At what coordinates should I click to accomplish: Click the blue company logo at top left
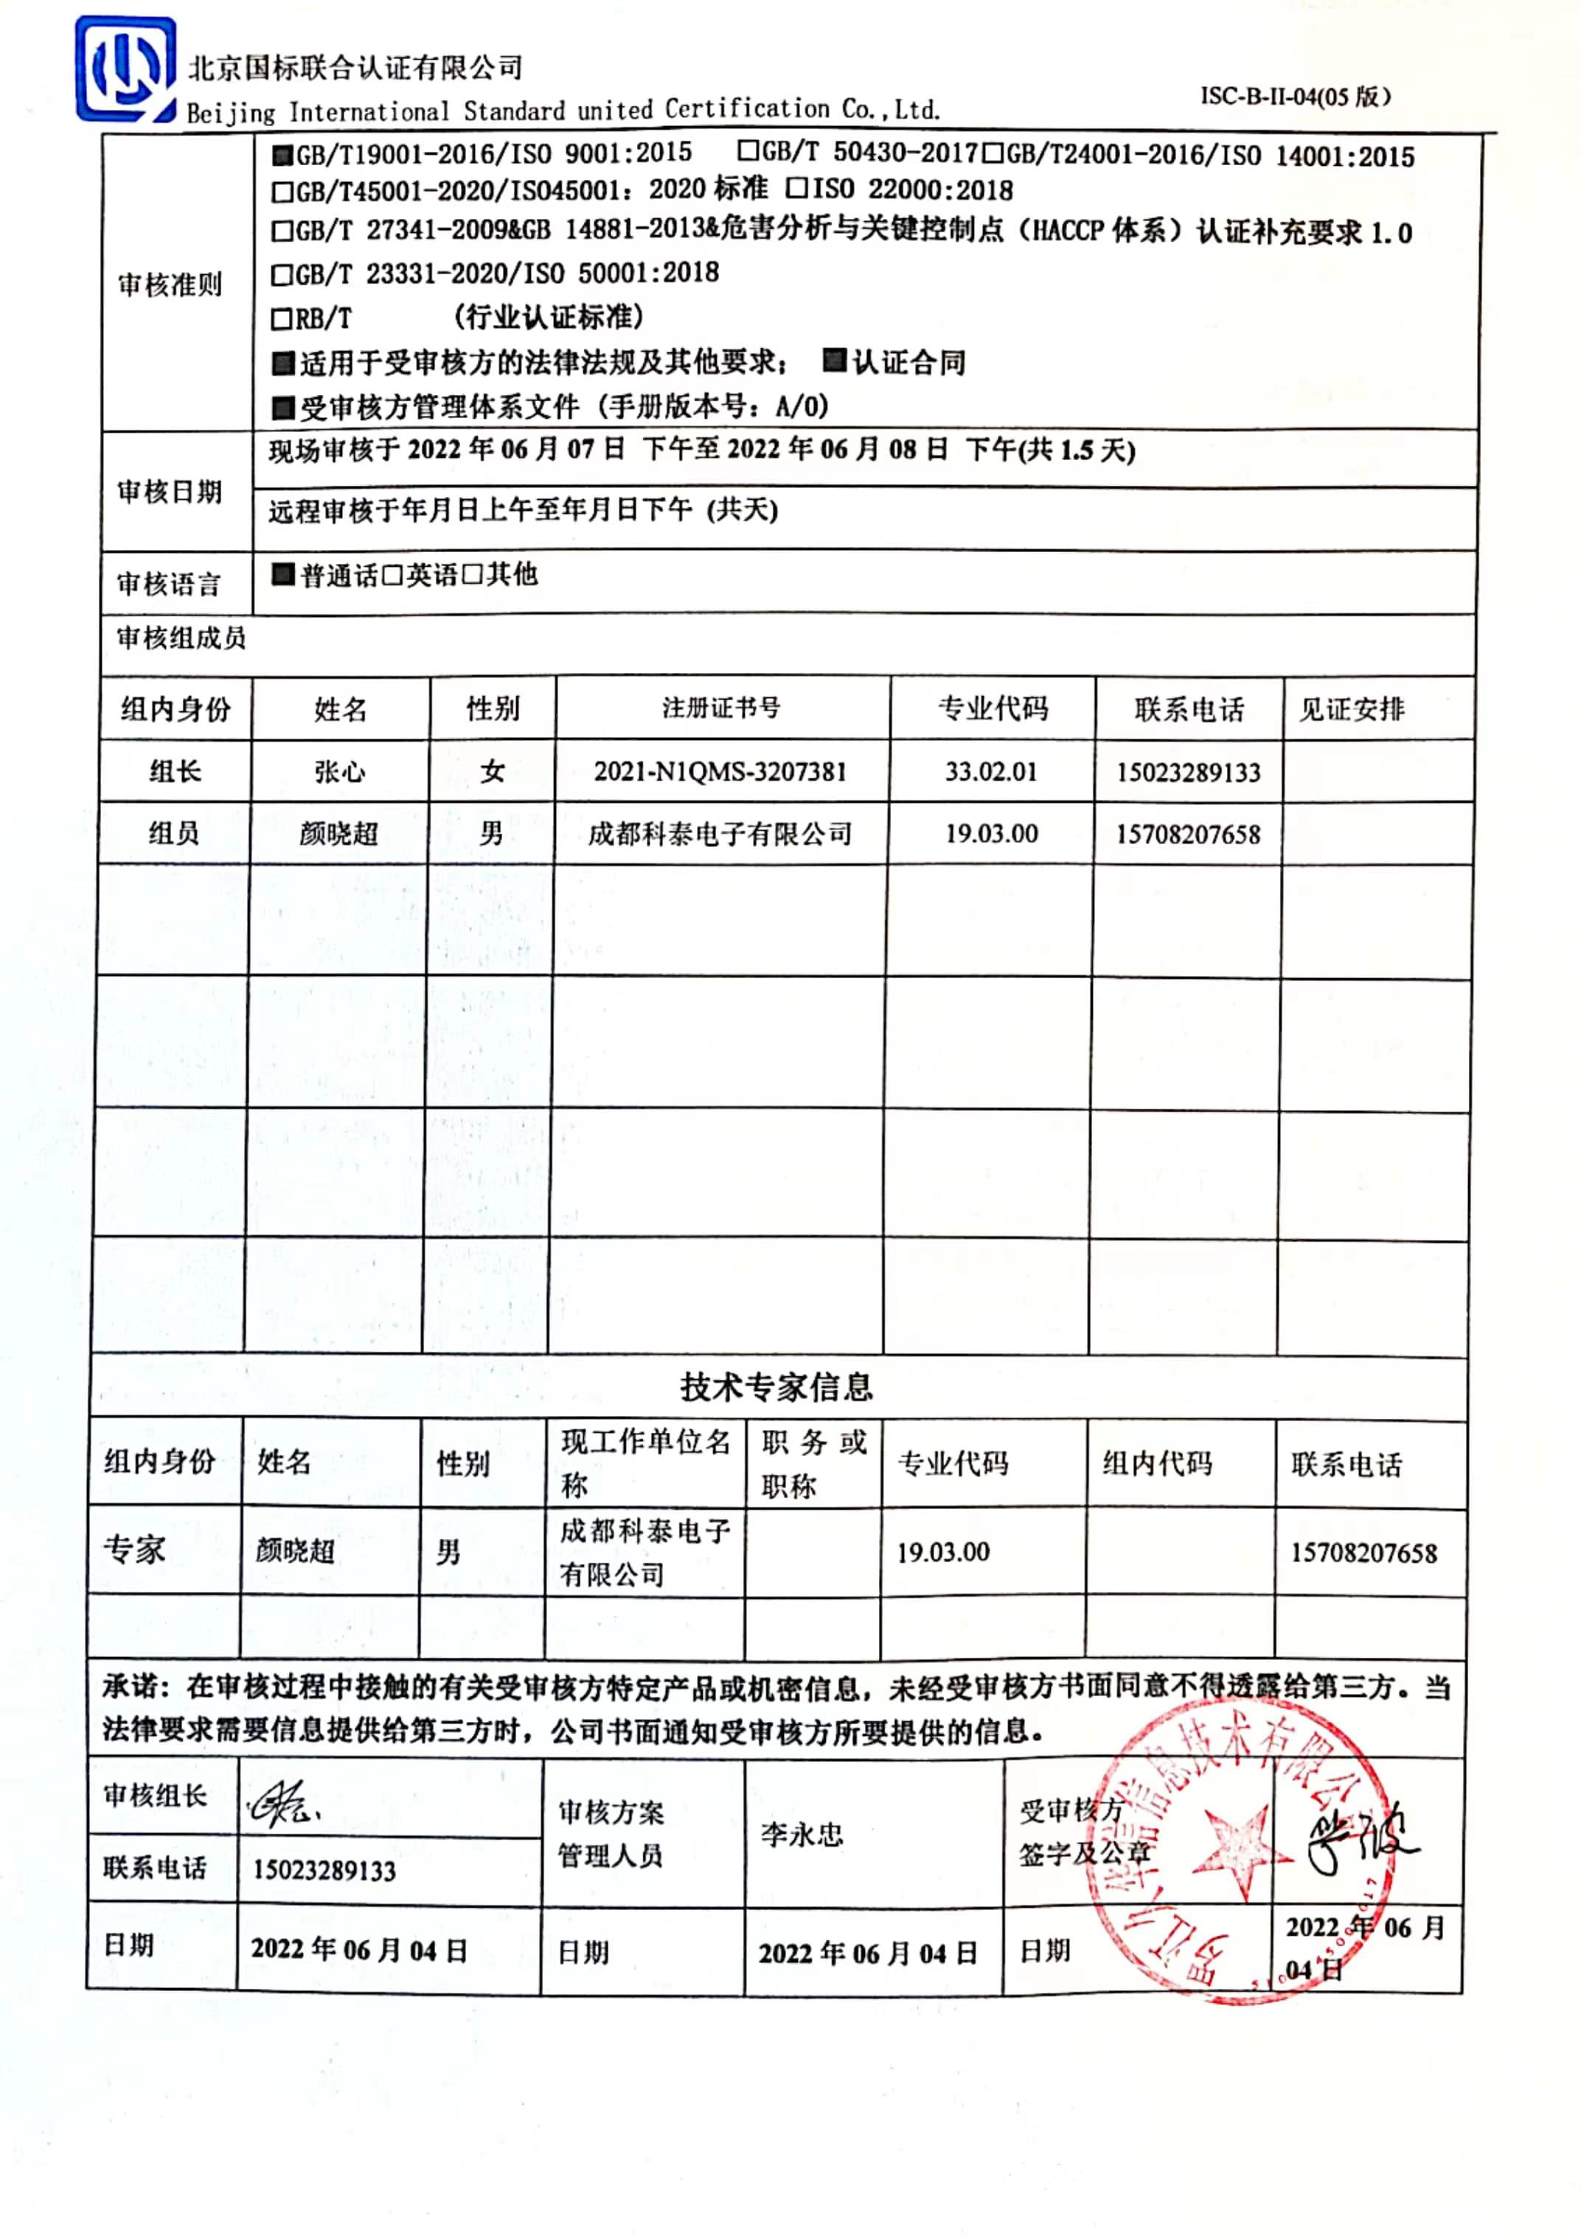click(125, 69)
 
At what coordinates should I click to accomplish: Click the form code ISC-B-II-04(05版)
click(1295, 97)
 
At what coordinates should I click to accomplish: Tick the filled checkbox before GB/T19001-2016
click(282, 154)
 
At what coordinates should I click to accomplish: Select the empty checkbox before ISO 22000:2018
click(796, 188)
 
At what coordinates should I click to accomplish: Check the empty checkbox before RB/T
click(282, 318)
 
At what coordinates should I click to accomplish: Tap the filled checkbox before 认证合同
click(833, 361)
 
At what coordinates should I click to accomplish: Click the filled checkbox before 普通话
click(283, 575)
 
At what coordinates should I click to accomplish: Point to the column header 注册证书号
click(721, 708)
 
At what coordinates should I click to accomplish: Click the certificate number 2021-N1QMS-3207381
click(720, 772)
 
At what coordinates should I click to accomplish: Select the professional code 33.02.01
click(991, 772)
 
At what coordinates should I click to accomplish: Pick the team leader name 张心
click(340, 772)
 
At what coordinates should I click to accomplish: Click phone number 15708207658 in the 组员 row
click(1188, 834)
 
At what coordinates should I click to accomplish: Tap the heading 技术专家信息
click(776, 1387)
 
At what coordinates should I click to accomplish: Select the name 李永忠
click(802, 1835)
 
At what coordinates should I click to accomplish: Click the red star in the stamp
click(1231, 1850)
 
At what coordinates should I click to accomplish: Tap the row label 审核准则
click(170, 285)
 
